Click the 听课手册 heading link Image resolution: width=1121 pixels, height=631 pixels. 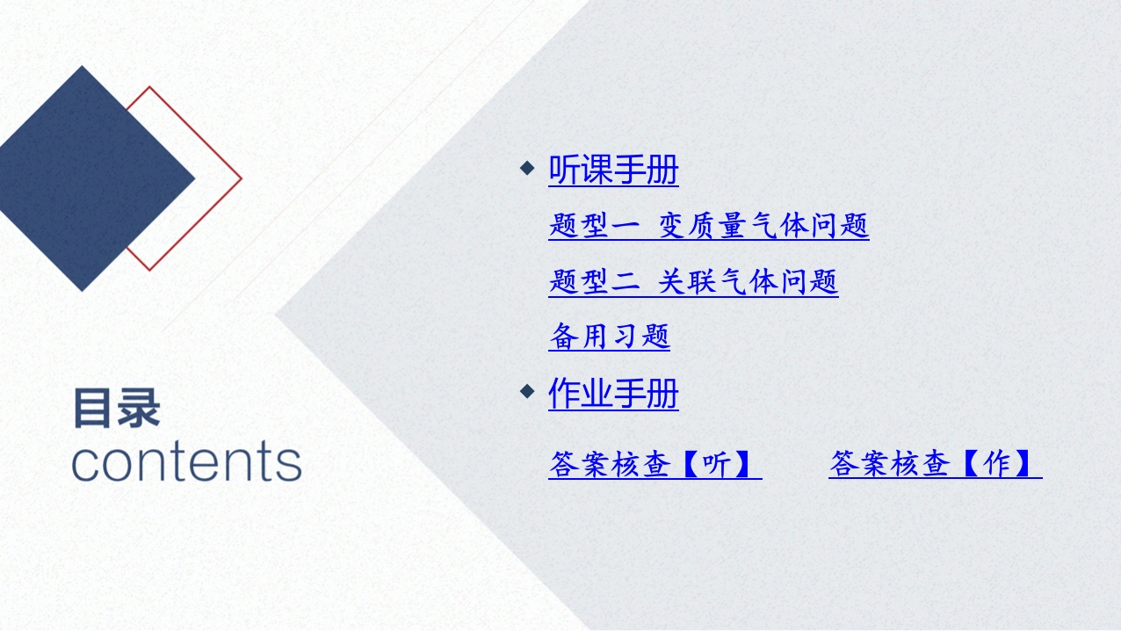613,170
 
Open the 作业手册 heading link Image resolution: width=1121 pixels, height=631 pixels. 613,393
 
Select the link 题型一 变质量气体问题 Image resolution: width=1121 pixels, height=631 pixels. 709,225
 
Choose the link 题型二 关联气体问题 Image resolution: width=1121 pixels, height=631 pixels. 693,281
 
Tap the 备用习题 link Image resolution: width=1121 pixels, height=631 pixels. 609,336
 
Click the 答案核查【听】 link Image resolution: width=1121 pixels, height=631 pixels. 655,464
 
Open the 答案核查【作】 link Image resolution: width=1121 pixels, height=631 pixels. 936,464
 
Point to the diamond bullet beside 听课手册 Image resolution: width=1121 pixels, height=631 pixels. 527,168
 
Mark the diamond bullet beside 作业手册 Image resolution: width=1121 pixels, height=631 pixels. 527,391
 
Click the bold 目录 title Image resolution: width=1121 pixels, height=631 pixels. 117,408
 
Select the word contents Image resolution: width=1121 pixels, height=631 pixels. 187,461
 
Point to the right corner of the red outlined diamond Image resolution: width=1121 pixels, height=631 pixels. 242,178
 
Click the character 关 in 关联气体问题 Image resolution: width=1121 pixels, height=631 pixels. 671,281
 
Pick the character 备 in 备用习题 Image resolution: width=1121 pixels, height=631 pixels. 564,336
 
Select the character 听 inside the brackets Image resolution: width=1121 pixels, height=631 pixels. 717,464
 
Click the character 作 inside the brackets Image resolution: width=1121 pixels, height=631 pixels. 997,464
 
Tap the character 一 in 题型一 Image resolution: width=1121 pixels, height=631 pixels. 625,227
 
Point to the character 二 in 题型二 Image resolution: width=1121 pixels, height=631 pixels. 625,282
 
